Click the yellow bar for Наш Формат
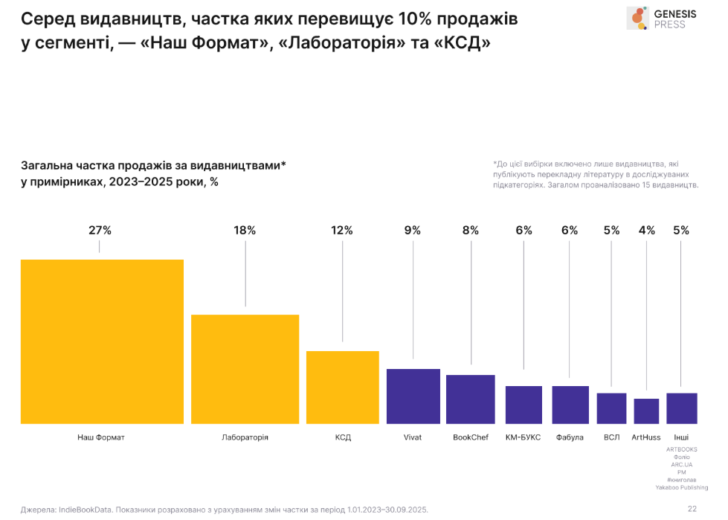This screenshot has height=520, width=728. click(x=102, y=341)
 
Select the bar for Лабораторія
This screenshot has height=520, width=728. click(x=245, y=369)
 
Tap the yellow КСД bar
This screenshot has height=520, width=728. click(x=343, y=387)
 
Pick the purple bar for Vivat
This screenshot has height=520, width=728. click(x=413, y=396)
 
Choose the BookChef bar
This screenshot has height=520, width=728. click(x=471, y=399)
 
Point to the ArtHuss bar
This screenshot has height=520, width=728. click(x=646, y=411)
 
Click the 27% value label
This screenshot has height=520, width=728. click(x=100, y=231)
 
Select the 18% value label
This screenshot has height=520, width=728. click(x=245, y=231)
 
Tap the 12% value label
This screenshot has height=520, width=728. click(x=342, y=231)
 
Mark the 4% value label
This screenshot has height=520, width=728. click(x=646, y=231)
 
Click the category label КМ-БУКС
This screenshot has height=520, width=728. click(x=524, y=437)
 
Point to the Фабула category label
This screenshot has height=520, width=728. click(x=570, y=437)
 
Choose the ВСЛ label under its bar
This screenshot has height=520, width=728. click(x=612, y=437)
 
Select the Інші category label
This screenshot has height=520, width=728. click(x=681, y=437)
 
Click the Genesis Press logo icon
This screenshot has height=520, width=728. click(x=637, y=18)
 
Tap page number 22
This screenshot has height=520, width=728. click(x=692, y=509)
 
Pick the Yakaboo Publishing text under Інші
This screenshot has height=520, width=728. click(x=681, y=487)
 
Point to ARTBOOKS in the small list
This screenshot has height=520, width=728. click(x=681, y=449)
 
